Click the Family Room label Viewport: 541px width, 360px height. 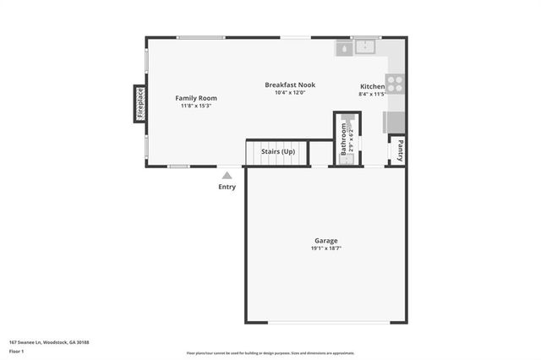click(196, 98)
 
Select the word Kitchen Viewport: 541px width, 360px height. click(372, 87)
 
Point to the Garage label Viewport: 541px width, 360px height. click(325, 241)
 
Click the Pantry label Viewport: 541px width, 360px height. click(395, 150)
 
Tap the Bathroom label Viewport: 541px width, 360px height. click(344, 138)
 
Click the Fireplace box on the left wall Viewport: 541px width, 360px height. click(140, 103)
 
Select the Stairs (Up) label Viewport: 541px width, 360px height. click(278, 151)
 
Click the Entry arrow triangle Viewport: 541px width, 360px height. click(227, 175)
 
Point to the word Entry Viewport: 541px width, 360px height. click(227, 187)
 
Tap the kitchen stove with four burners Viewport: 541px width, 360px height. click(395, 84)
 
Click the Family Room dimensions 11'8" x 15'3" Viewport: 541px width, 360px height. click(196, 106)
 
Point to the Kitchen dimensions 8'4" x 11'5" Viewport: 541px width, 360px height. click(372, 95)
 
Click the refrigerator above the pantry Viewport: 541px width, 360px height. click(395, 123)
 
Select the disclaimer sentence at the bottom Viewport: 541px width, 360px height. click(270, 353)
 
